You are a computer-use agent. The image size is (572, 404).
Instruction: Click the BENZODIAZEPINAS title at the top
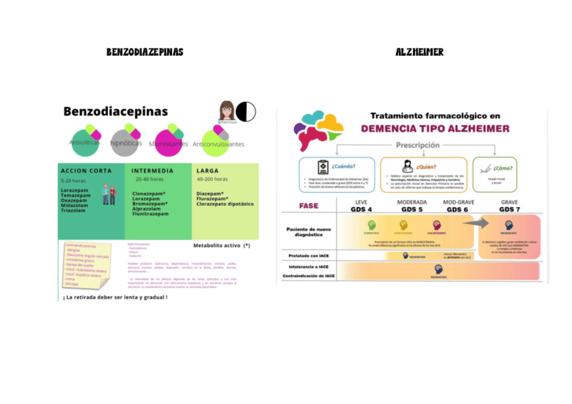144,53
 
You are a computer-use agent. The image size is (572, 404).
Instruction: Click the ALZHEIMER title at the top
420,53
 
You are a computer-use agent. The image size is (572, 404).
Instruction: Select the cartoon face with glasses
227,110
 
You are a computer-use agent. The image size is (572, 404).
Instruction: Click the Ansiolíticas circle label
84,142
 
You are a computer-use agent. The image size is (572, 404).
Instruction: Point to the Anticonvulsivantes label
218,144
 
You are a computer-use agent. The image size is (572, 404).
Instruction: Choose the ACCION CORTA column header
88,171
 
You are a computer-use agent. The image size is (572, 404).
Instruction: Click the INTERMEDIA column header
152,171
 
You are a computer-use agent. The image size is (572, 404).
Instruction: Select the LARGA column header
207,171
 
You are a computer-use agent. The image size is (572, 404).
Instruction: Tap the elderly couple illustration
108,194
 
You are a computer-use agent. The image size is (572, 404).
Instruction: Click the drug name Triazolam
74,210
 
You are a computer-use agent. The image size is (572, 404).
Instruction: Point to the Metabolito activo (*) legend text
221,246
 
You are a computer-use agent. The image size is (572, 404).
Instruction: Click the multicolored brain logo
318,131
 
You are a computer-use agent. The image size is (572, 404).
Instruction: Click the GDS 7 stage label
509,209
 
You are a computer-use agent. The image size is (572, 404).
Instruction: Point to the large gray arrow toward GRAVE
477,225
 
